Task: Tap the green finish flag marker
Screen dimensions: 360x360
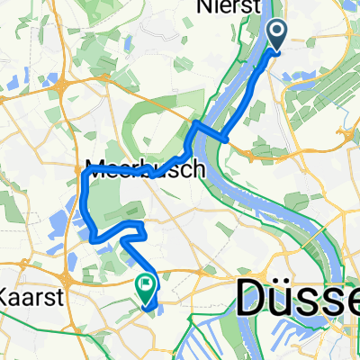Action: tap(145, 286)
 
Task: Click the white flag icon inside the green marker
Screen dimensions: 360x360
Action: tap(145, 285)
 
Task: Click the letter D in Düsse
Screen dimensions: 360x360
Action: tap(254, 296)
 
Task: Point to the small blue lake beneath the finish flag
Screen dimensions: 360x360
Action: tap(149, 307)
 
